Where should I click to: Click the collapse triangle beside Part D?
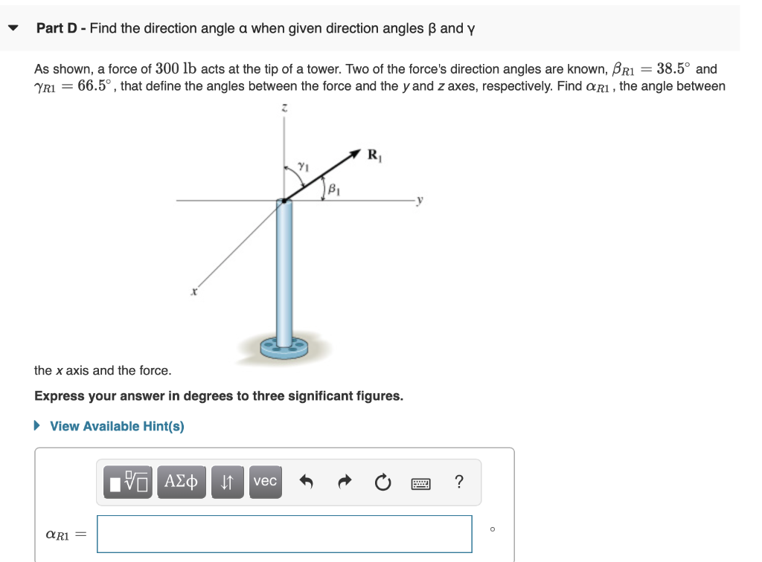coord(13,28)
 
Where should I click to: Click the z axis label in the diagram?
coord(284,109)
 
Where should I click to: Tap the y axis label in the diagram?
coord(420,200)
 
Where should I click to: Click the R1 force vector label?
coord(374,155)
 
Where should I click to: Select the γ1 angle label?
coord(302,166)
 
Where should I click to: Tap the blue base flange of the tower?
coord(284,346)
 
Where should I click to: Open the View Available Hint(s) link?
coord(117,426)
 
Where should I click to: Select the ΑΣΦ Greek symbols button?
coord(181,482)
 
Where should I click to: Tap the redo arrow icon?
coord(345,482)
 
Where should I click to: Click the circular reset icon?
coord(382,482)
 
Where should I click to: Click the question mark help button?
coord(458,482)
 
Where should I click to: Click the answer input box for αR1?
coord(284,534)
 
